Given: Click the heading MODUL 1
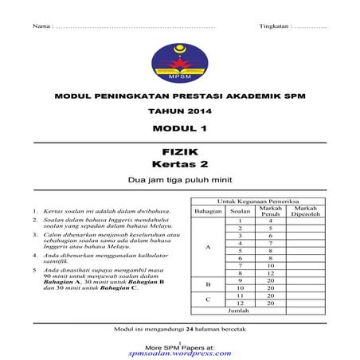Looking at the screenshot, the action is [179, 128].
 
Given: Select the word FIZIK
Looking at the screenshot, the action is [179, 151].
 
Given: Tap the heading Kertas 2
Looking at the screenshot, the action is [179, 165].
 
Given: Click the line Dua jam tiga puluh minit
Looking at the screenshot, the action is [179, 181].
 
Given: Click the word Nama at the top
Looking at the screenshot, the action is [41, 27].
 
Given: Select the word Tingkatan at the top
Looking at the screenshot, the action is [275, 27].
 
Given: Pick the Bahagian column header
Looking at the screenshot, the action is [208, 212].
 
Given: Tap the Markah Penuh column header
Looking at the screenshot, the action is [271, 210].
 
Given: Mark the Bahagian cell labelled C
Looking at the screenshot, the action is [208, 299].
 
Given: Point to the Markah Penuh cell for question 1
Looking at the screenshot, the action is [271, 221].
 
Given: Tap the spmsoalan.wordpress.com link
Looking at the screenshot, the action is [180, 353].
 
